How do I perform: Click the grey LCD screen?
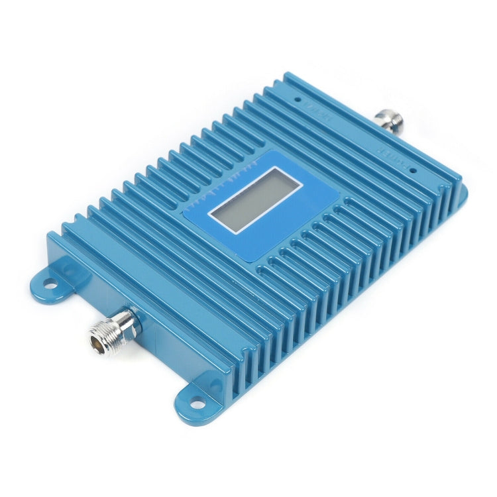click(x=254, y=199)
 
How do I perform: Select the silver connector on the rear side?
click(x=388, y=121)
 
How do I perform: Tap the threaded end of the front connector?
click(x=106, y=335)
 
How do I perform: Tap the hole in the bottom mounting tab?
click(x=196, y=402)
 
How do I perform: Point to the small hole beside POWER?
click(x=412, y=170)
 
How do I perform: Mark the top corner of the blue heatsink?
click(x=286, y=74)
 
